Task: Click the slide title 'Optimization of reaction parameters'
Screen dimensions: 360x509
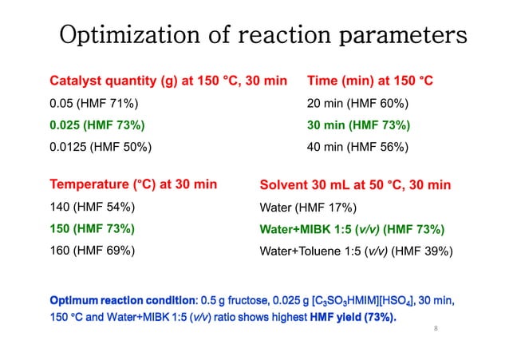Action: pyautogui.click(x=263, y=36)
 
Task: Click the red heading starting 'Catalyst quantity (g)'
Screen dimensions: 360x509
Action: pyautogui.click(x=168, y=81)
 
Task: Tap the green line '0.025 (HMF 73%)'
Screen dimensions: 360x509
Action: pyautogui.click(x=97, y=125)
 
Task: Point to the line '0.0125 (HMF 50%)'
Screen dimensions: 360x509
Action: pyautogui.click(x=101, y=147)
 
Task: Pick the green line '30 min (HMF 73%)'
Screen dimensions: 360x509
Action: pyautogui.click(x=359, y=125)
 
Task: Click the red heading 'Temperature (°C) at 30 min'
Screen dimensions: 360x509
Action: pyautogui.click(x=133, y=185)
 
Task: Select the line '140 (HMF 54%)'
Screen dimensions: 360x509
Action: pyautogui.click(x=92, y=207)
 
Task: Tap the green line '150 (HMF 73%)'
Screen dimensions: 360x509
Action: pyautogui.click(x=92, y=228)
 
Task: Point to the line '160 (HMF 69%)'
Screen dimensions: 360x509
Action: pyautogui.click(x=92, y=250)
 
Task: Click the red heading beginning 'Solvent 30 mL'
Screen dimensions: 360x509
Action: pyautogui.click(x=355, y=185)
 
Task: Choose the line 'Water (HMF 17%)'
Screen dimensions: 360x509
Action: pyautogui.click(x=308, y=207)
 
